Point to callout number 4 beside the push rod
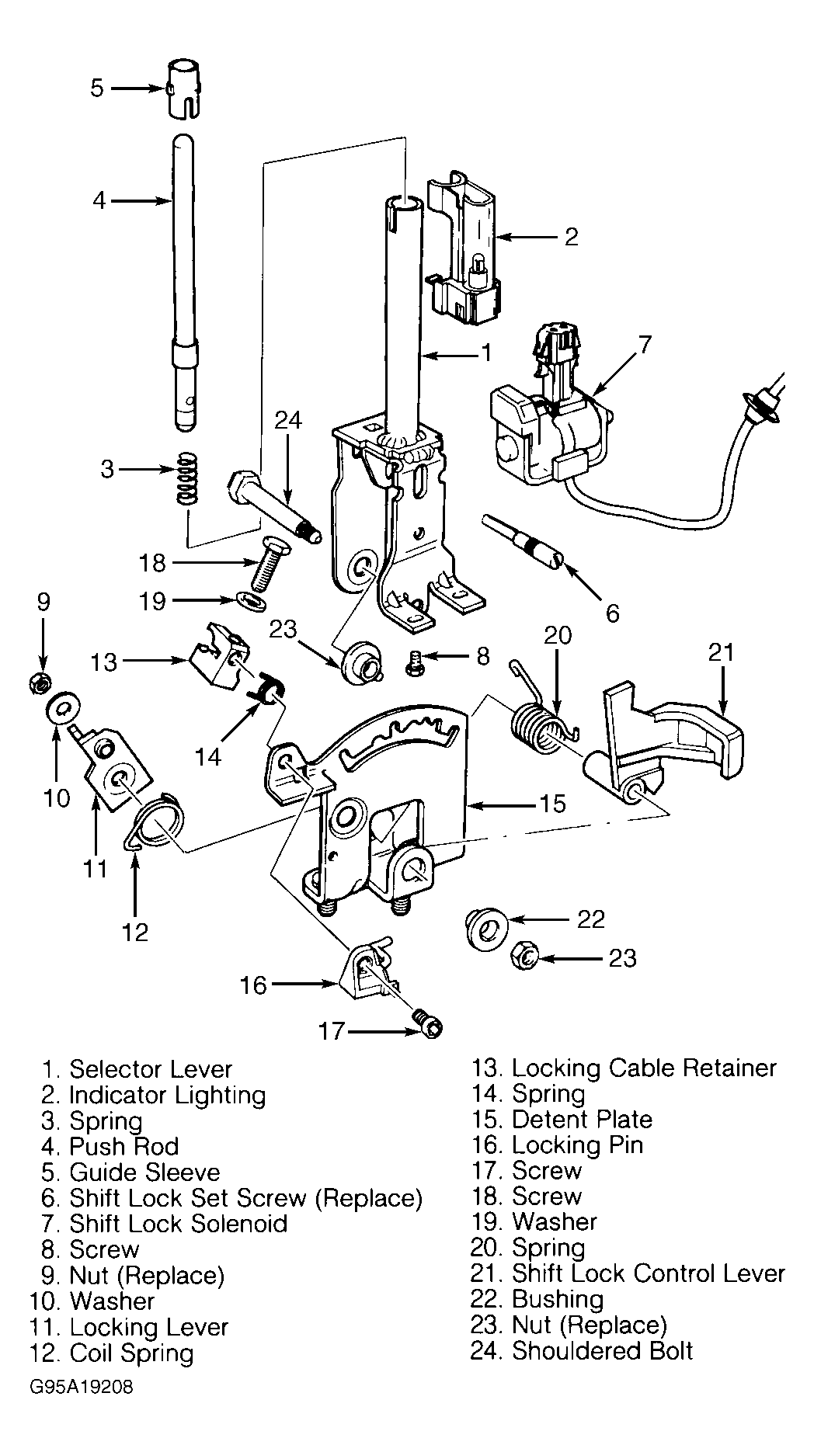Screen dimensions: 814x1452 pyautogui.click(x=99, y=200)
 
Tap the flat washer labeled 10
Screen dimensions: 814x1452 pyautogui.click(x=64, y=709)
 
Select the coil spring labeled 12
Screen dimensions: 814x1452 pyautogui.click(x=155, y=825)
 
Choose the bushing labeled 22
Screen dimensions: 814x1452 pyautogui.click(x=487, y=926)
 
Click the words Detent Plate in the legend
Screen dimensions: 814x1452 pyautogui.click(x=583, y=1119)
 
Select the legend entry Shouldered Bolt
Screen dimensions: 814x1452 pyautogui.click(x=602, y=1350)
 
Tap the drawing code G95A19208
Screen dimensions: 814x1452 pyautogui.click(x=82, y=1387)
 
